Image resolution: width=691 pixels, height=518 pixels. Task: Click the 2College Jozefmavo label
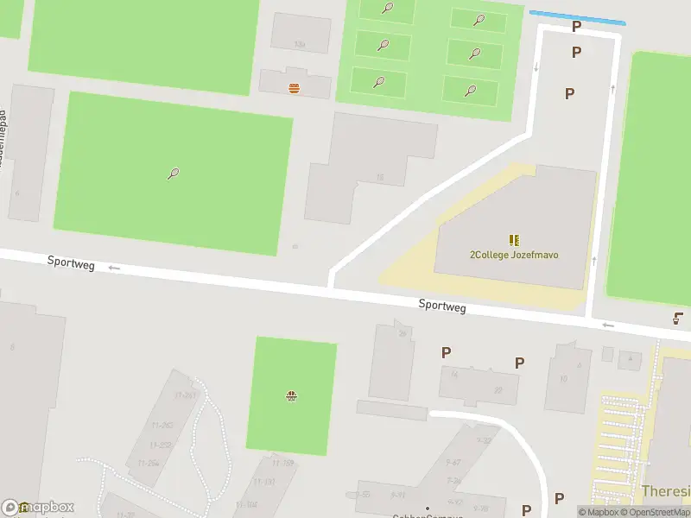(513, 255)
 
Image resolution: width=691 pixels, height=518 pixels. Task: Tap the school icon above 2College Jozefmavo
(514, 240)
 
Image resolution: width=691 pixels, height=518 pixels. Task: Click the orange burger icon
(295, 87)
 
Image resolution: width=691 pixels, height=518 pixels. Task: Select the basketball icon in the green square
(291, 396)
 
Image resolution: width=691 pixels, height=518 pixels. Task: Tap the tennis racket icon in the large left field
(174, 173)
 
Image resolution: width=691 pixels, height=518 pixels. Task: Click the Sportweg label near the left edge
(71, 264)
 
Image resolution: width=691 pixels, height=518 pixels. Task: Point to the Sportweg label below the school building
(442, 306)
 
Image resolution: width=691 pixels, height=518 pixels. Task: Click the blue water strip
(576, 17)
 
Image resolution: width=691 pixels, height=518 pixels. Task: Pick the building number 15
(380, 178)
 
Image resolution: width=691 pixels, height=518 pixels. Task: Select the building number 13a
(300, 44)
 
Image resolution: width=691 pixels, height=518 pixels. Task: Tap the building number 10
(563, 379)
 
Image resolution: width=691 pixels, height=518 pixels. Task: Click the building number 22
(498, 390)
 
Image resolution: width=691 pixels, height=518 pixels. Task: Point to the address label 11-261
(185, 395)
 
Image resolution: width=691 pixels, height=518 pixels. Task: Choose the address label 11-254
(148, 464)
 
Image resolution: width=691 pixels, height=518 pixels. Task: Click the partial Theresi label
(666, 491)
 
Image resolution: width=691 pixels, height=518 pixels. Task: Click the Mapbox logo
(39, 508)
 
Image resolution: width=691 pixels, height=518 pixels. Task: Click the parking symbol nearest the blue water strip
(576, 26)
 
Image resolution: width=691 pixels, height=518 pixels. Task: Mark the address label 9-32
(484, 440)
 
